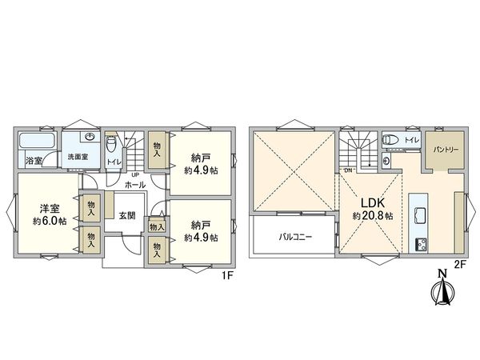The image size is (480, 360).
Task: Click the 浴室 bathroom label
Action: pos(34,162)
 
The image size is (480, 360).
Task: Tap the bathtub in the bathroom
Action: pos(37,142)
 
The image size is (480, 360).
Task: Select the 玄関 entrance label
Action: pos(128,214)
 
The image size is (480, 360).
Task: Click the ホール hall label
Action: pos(135,184)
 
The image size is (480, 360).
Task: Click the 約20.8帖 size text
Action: pos(372,216)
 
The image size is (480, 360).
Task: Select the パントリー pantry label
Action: pos(445,149)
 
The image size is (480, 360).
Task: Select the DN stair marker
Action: pos(348,170)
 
